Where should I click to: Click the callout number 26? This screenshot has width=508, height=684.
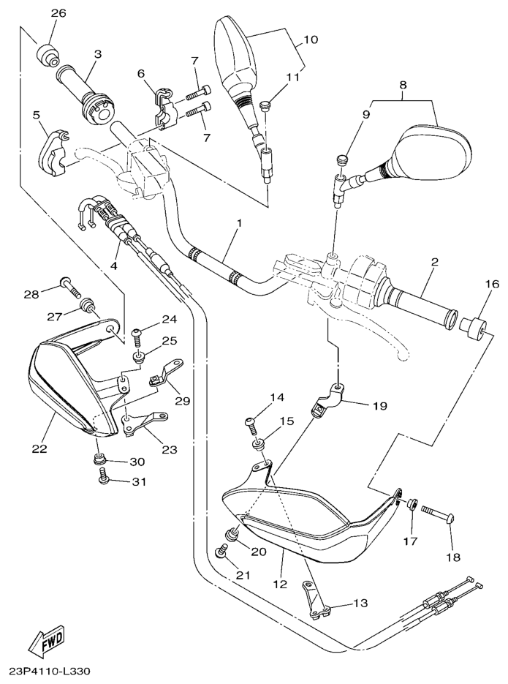pos(58,13)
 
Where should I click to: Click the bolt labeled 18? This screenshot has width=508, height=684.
pos(438,512)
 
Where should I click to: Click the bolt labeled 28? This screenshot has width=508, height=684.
pos(69,284)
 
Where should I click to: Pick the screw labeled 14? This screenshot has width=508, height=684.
pos(249,423)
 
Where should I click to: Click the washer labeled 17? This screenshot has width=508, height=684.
pos(412,504)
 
